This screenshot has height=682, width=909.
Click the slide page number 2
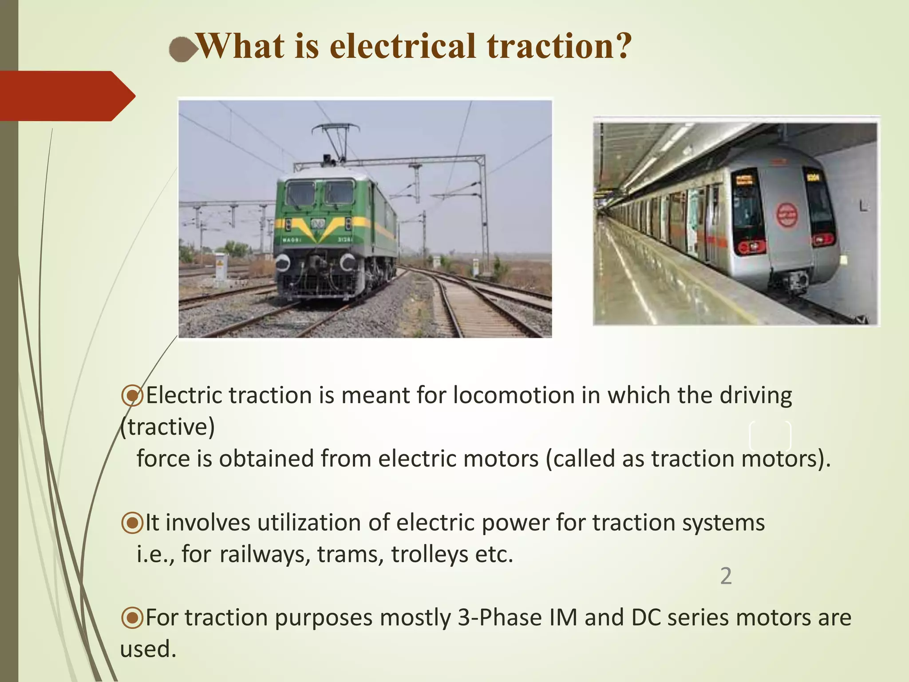tap(726, 576)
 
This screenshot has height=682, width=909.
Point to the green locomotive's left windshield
tap(300, 194)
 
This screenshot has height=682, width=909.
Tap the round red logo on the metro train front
tap(786, 215)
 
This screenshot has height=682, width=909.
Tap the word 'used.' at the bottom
tap(148, 649)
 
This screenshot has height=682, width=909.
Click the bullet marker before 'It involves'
tap(132, 523)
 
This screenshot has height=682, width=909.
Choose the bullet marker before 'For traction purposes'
tap(132, 618)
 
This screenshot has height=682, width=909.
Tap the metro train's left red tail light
tap(751, 246)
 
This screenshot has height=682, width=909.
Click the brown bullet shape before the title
tap(182, 49)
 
